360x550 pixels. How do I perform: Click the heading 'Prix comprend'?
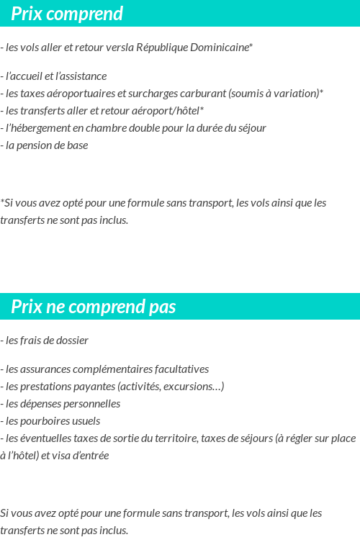point(67,14)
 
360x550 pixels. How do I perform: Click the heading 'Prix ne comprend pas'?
point(94,307)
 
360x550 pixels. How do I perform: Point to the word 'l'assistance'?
point(80,76)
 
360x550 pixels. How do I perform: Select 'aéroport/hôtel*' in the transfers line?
point(170,111)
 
